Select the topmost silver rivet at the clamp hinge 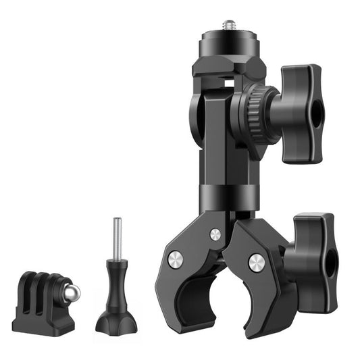pos(215,234)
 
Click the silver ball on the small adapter pos(71,292)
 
